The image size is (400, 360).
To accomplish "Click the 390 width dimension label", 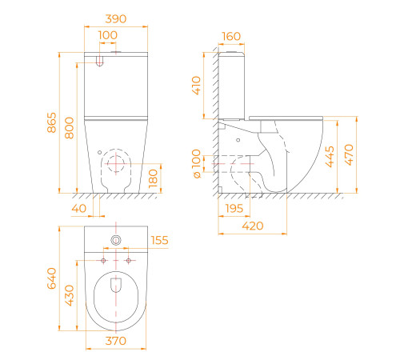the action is point(116,19).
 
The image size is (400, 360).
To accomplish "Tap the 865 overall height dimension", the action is point(52,122).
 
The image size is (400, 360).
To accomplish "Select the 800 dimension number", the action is point(69,128).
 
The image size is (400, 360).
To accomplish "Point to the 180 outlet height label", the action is point(153,178).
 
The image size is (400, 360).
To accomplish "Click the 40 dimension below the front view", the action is point(79,208).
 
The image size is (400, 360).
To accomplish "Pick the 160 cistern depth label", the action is point(231,37).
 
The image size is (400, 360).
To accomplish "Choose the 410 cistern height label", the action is point(196,86).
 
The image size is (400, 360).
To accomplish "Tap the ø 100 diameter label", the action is point(196,163).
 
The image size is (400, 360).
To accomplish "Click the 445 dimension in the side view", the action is point(330,157).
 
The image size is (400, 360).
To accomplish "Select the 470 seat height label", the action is point(349,154).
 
